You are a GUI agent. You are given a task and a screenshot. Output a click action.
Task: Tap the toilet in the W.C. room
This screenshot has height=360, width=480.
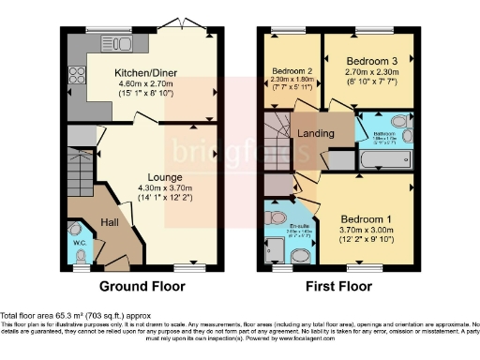tap(79, 254)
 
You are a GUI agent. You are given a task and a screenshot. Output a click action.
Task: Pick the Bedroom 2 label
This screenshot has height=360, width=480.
tap(291, 71)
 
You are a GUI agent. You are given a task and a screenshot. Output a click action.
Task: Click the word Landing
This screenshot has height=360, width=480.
tap(316, 134)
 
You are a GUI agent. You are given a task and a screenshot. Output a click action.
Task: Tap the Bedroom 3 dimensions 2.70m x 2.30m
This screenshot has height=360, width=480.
tap(373, 69)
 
